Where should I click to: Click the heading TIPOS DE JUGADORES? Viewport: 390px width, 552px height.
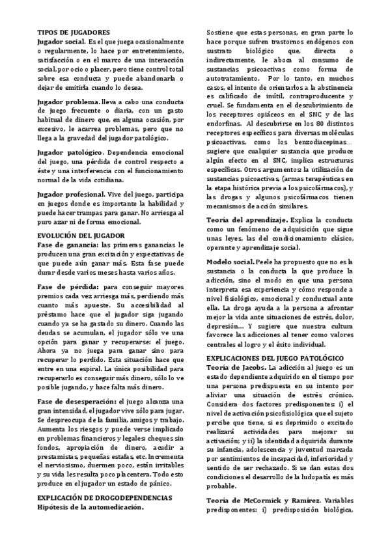(x=74, y=32)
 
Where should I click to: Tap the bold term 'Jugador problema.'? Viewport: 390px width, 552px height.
(x=68, y=102)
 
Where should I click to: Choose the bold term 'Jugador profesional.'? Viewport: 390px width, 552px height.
(x=72, y=194)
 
